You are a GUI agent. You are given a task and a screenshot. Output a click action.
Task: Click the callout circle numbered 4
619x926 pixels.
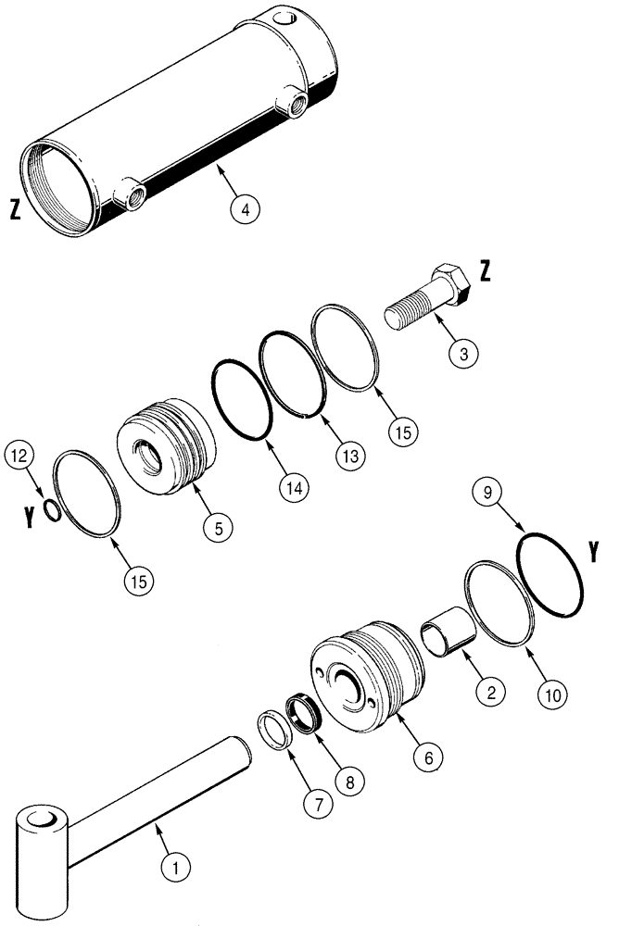244,210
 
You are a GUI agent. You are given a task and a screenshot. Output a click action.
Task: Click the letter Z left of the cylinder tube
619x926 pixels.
14,210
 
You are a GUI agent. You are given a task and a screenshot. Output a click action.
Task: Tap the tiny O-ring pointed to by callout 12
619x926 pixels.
53,511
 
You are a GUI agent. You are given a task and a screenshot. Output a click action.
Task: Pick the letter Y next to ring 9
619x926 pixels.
592,553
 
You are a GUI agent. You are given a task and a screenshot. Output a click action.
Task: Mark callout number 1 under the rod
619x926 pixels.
175,869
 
